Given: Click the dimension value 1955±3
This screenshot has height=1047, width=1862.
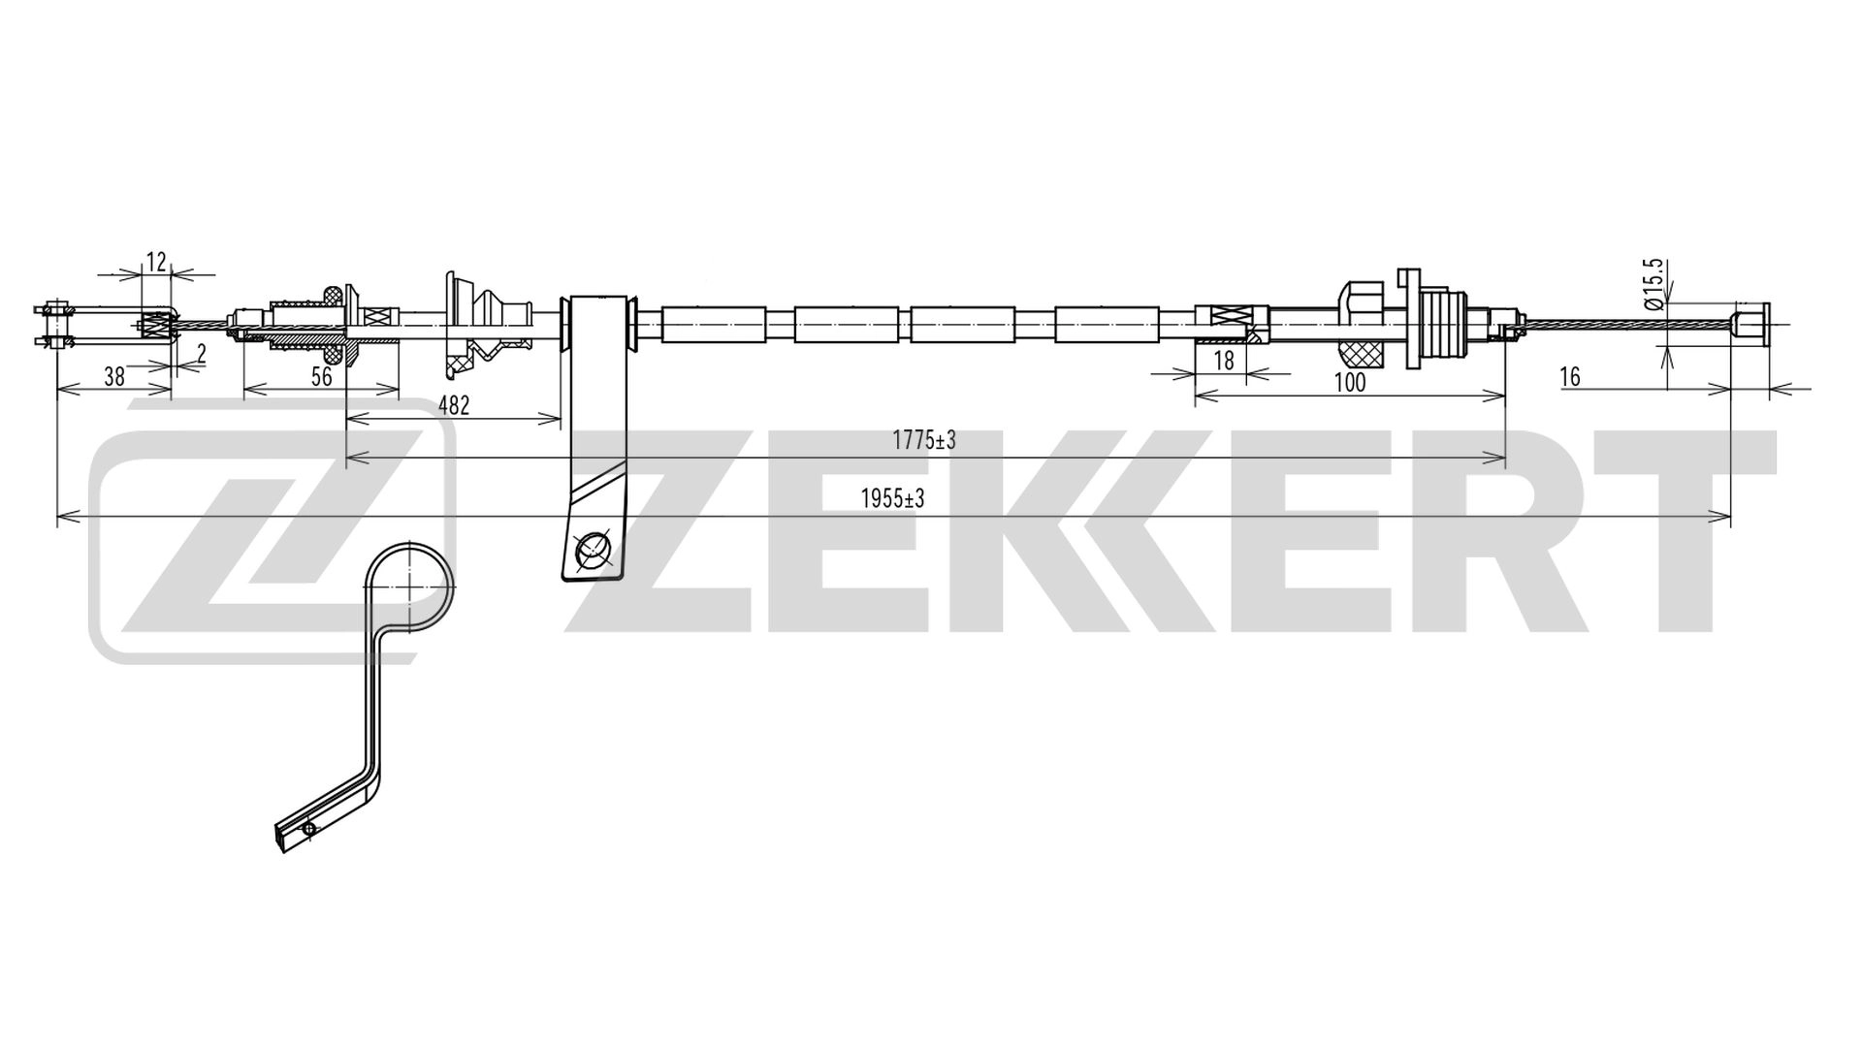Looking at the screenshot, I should click(892, 499).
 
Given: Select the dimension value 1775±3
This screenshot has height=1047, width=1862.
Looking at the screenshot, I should click(924, 441).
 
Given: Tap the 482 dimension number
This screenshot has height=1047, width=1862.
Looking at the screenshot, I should click(454, 405).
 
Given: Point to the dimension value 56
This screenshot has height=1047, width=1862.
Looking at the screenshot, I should click(322, 376).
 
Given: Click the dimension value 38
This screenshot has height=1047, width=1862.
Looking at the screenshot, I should click(114, 376).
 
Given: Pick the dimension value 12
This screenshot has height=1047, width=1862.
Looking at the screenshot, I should click(156, 262).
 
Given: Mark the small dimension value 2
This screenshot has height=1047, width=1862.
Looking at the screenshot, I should click(201, 354).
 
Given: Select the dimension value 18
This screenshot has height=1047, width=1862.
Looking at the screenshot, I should click(1224, 361).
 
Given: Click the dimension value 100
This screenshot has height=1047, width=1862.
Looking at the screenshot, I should click(1350, 382).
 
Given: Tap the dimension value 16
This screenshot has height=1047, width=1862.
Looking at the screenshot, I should click(1570, 376).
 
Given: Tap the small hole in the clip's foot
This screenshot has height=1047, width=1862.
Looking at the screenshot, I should click(309, 829).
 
